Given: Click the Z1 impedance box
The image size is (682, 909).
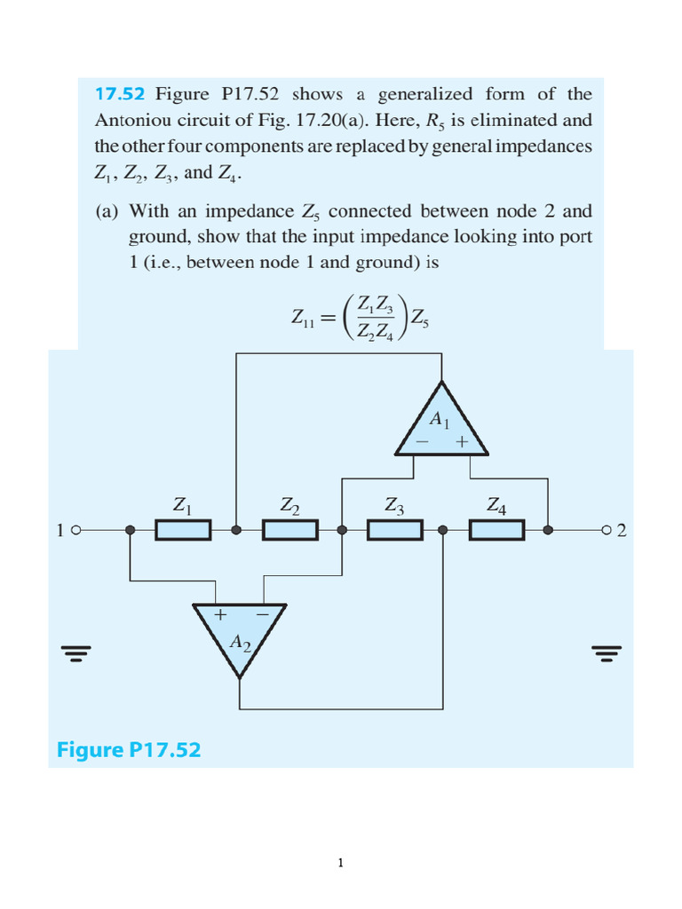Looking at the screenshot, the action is pyautogui.click(x=183, y=531).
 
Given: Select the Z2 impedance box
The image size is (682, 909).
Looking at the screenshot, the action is pyautogui.click(x=289, y=531).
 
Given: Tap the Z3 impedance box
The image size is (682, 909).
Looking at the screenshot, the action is pyautogui.click(x=394, y=531).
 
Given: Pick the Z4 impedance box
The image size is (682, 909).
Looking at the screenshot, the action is pyautogui.click(x=497, y=531).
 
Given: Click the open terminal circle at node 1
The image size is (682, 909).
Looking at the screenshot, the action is pyautogui.click(x=75, y=531).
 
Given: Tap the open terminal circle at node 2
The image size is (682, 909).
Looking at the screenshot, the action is pyautogui.click(x=606, y=531).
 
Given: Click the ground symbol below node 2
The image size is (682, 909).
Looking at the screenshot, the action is pyautogui.click(x=606, y=654).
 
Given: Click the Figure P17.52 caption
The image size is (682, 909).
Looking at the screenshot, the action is pyautogui.click(x=129, y=750).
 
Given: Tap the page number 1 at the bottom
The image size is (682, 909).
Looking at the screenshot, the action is pyautogui.click(x=340, y=861).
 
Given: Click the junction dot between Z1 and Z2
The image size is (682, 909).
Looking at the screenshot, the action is pyautogui.click(x=236, y=531).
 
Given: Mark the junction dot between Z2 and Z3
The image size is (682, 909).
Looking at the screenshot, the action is pyautogui.click(x=343, y=531).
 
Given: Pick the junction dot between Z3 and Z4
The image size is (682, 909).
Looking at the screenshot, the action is pyautogui.click(x=444, y=531).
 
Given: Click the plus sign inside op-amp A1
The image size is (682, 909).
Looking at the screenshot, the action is pyautogui.click(x=462, y=441).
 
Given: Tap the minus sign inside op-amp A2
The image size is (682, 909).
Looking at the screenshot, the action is pyautogui.click(x=262, y=613).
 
